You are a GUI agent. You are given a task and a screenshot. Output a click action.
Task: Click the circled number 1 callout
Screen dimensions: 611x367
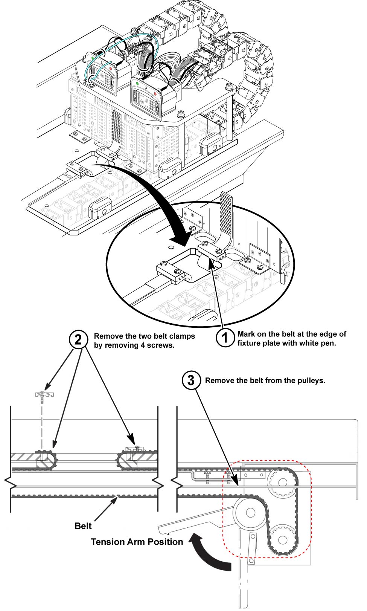pos(225,338)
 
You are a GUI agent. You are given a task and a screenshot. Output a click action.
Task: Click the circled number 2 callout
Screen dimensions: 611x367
pos(78,340)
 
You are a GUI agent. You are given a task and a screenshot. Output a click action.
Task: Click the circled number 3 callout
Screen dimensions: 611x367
pos(191,380)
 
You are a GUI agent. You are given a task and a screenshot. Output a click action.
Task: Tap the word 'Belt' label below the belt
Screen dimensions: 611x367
pos(83,526)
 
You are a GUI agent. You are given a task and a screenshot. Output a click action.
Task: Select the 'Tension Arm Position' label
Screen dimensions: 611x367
pos(137,542)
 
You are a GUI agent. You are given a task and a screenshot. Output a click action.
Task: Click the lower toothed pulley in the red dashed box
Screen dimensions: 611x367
pos(282,540)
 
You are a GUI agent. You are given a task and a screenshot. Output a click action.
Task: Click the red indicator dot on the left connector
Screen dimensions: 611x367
pos(110,69)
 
